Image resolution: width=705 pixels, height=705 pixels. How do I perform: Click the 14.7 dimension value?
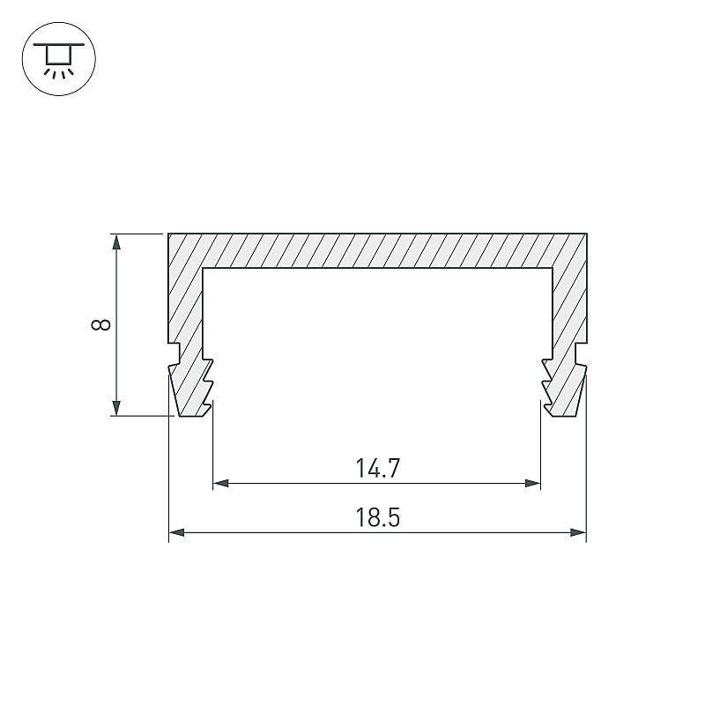378,468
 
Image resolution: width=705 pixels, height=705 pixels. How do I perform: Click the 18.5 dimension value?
378,517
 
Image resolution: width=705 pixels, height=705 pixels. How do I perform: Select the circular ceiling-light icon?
59,58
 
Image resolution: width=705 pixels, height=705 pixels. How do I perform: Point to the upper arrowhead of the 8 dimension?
116,241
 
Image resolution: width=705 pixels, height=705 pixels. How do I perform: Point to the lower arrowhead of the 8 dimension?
116,408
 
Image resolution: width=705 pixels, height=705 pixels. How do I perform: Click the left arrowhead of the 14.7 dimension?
221,483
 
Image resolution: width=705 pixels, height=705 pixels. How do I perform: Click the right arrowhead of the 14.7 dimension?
533,483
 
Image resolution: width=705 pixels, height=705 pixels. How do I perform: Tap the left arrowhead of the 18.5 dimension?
177,533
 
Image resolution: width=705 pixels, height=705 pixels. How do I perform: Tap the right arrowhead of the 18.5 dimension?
578,533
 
